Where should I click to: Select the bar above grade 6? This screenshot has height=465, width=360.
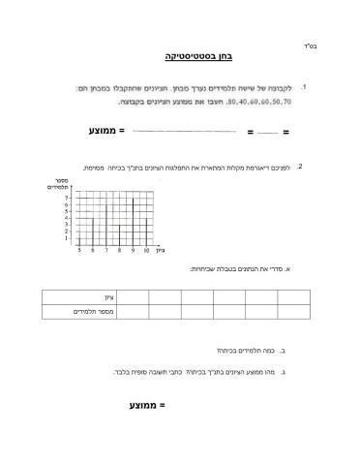click(93, 231)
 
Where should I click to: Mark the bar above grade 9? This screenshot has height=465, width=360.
click(133, 222)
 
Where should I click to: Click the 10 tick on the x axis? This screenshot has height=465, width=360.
click(145, 250)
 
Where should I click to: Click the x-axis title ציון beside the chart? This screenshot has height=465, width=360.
click(161, 250)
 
